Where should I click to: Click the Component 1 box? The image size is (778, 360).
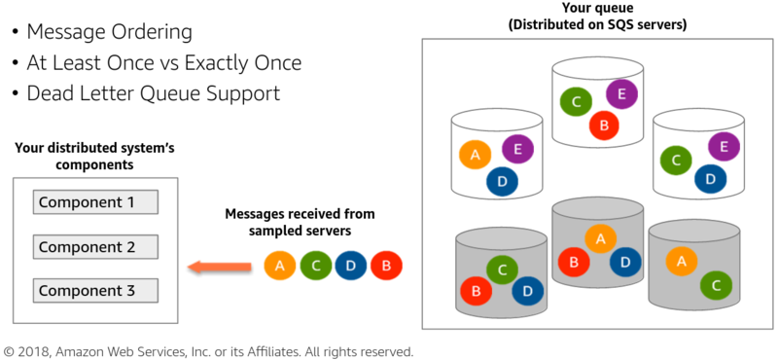pyautogui.click(x=95, y=202)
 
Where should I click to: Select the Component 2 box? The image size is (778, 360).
pyautogui.click(x=95, y=247)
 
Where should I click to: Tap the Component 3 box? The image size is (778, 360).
pyautogui.click(x=95, y=290)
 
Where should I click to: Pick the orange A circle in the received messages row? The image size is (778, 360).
pyautogui.click(x=280, y=266)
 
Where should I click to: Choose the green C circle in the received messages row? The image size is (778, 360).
pyautogui.click(x=316, y=266)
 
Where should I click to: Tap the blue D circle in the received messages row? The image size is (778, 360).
pyautogui.click(x=351, y=266)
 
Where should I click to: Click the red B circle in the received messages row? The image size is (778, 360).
pyautogui.click(x=386, y=266)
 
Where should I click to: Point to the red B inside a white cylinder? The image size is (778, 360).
pyautogui.click(x=604, y=125)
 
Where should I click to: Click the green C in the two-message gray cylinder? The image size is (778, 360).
pyautogui.click(x=716, y=285)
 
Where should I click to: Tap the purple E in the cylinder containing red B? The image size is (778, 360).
pyautogui.click(x=621, y=94)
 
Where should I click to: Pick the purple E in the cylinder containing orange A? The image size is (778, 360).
pyautogui.click(x=517, y=149)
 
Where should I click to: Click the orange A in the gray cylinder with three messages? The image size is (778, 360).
pyautogui.click(x=600, y=236)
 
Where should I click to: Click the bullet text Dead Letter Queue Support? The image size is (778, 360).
pyautogui.click(x=153, y=93)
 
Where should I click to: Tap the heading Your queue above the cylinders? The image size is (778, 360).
pyautogui.click(x=597, y=9)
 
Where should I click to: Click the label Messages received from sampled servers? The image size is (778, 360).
pyautogui.click(x=300, y=221)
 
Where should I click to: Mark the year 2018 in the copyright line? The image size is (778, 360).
pyautogui.click(x=41, y=350)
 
